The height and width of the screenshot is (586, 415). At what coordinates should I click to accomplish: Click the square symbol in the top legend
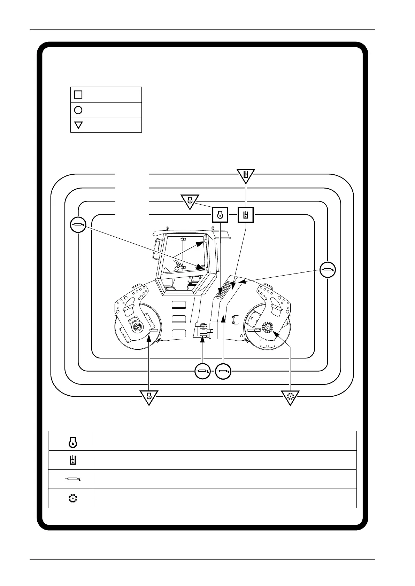[x=78, y=94]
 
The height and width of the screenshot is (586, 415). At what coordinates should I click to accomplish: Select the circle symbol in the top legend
[x=78, y=110]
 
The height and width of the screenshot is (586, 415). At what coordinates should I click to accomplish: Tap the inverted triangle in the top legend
[x=78, y=125]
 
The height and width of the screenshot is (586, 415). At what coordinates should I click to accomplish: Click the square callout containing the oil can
[x=220, y=215]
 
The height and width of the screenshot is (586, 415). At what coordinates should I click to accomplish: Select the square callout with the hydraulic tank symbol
[x=246, y=215]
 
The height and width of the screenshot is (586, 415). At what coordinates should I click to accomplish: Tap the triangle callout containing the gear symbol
[x=291, y=396]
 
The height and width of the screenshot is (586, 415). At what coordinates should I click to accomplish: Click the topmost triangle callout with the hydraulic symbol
[x=246, y=175]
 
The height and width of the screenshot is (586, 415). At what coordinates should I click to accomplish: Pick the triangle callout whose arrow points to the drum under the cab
[x=149, y=396]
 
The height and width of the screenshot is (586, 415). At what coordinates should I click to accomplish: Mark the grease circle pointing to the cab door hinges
[x=77, y=225]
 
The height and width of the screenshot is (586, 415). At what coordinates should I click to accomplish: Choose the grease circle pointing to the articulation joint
[x=203, y=371]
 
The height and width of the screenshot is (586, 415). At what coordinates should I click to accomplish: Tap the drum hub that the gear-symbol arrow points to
[x=268, y=327]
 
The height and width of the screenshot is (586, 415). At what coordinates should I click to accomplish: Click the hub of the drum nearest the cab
[x=137, y=327]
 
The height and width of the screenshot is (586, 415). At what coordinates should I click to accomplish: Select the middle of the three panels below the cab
[x=179, y=319]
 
